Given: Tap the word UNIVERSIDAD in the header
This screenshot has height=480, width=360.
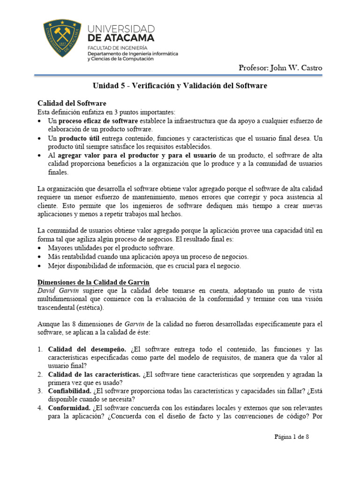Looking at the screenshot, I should click(120, 29).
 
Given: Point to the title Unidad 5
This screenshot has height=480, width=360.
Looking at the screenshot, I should click(180, 86).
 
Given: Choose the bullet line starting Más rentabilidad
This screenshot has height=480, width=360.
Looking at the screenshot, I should click(148, 257).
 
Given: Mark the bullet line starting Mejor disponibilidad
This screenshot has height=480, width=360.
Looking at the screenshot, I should click(144, 266).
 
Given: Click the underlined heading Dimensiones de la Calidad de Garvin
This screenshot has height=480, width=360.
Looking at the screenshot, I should click(93, 282).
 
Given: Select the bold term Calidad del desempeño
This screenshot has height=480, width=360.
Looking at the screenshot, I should click(87, 349).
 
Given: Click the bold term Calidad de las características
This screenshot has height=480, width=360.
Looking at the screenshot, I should click(94, 375).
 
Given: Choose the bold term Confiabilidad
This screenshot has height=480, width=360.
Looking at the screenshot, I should click(70, 391).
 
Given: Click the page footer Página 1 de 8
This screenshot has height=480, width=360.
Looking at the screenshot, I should click(291, 437).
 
